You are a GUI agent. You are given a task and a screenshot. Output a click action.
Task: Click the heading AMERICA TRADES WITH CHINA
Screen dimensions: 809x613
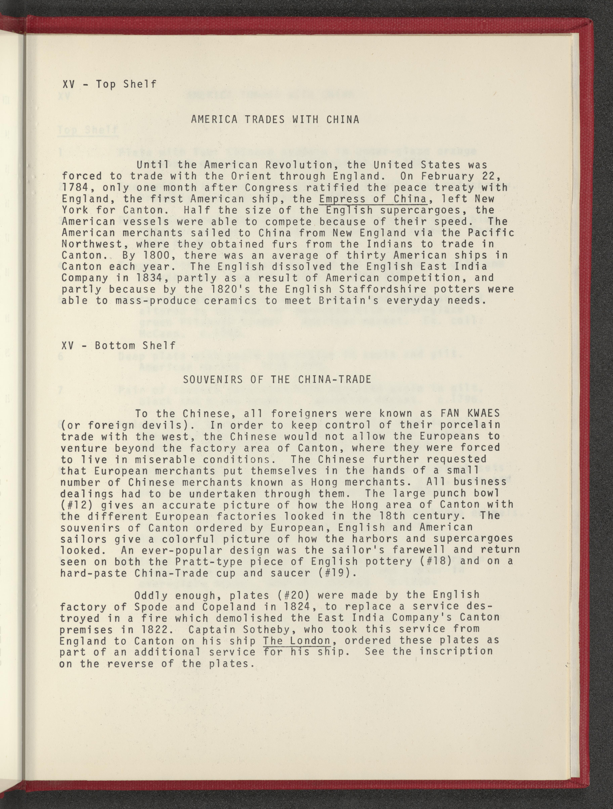point(275,120)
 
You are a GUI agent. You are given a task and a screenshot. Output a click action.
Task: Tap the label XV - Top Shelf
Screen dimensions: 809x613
point(109,84)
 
